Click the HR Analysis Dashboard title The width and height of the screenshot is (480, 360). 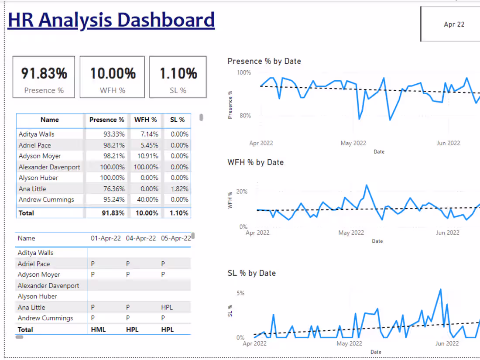[111, 21]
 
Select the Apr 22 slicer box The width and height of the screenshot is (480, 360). [454, 24]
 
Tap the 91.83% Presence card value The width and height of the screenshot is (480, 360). [44, 73]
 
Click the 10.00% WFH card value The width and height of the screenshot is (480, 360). [113, 73]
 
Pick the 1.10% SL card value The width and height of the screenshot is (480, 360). [178, 73]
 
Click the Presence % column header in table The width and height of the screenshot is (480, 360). [106, 120]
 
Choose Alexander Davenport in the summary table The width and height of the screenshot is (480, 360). [49, 167]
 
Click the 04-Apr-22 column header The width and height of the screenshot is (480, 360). [141, 238]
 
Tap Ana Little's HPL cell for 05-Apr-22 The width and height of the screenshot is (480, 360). [167, 307]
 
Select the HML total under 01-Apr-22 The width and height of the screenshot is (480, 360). [98, 329]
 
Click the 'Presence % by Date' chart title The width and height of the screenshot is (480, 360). [264, 61]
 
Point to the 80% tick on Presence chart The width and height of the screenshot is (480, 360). [244, 116]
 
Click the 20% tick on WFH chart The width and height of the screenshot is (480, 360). [242, 192]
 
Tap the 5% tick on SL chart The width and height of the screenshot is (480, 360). [240, 293]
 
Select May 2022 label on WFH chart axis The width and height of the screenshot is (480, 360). [350, 233]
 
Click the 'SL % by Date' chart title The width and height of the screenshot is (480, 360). [251, 273]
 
